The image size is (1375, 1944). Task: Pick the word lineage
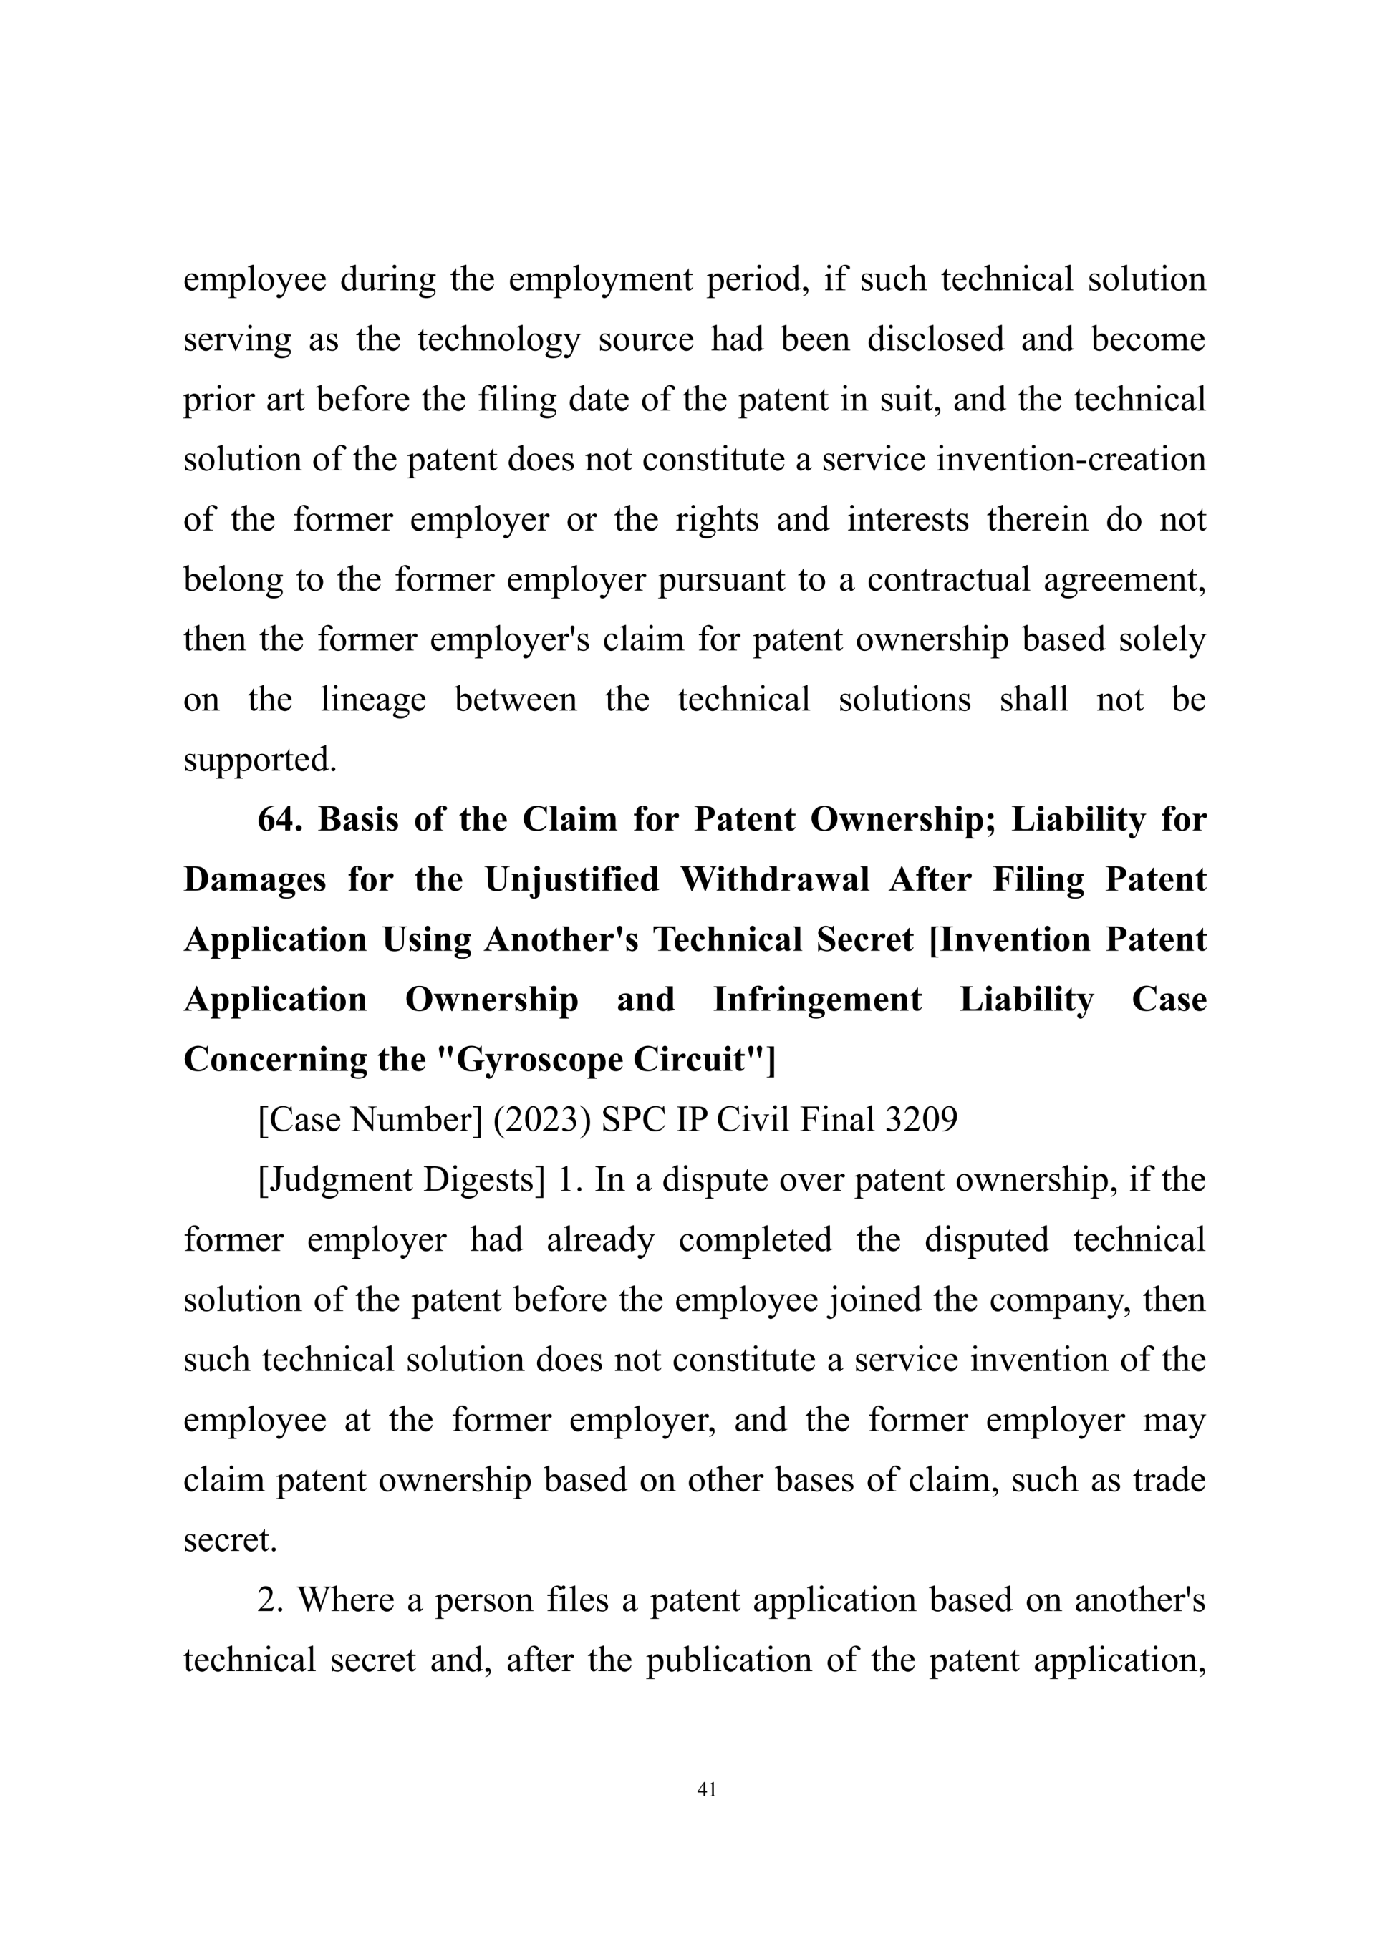(372, 700)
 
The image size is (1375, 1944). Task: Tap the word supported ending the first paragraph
(260, 760)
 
